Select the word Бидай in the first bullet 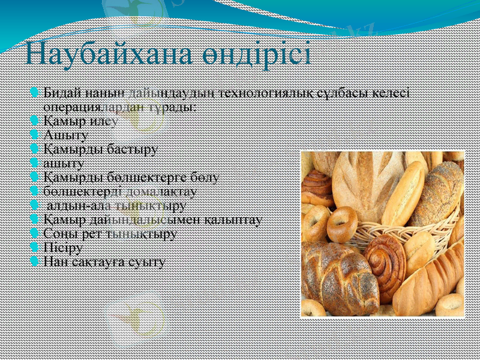coord(59,94)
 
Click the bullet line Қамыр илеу coord(80,121)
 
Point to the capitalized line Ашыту coord(66,135)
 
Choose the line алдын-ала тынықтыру coord(116,206)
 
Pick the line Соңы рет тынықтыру coord(110,234)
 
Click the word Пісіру coord(64,248)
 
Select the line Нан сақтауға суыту coord(104,262)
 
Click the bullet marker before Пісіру coord(35,247)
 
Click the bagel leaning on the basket coord(343,224)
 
